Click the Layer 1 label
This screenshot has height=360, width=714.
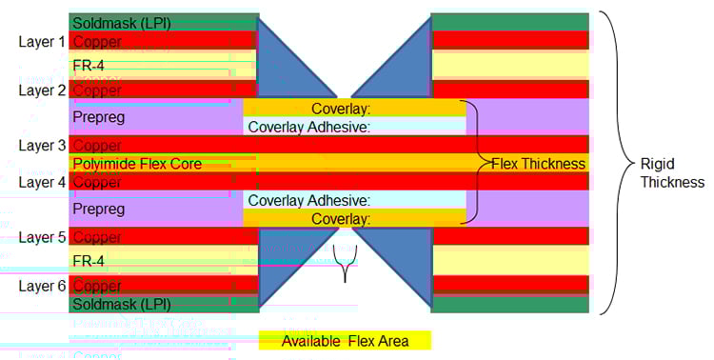(x=43, y=42)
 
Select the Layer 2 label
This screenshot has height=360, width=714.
(x=43, y=90)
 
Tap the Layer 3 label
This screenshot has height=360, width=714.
(x=43, y=146)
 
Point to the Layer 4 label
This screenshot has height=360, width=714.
(x=43, y=182)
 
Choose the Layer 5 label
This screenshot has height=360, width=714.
(x=43, y=237)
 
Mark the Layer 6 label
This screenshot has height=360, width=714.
(x=43, y=286)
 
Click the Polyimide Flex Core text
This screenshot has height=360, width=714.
(x=137, y=164)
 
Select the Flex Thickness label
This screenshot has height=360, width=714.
(x=538, y=164)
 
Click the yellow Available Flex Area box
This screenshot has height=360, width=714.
(x=345, y=341)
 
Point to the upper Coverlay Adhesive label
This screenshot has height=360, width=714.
(x=308, y=126)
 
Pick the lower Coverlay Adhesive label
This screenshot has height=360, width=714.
(x=308, y=200)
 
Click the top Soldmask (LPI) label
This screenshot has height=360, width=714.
(x=122, y=23)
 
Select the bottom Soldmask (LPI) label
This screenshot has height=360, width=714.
(x=122, y=304)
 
